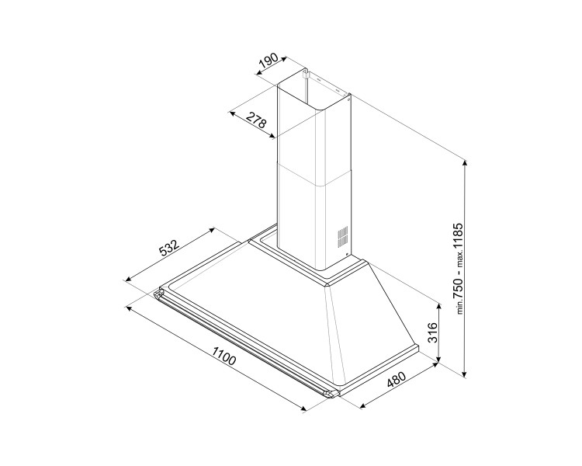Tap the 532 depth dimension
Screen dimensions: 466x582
tap(168, 249)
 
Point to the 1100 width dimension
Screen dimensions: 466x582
tap(223, 359)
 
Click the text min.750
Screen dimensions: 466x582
tap(459, 296)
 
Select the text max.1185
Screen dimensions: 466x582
tap(459, 247)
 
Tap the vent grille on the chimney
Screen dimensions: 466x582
tap(341, 236)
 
